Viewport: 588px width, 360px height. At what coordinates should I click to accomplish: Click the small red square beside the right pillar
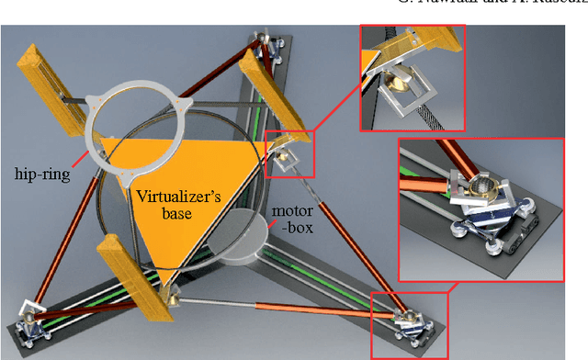(288, 152)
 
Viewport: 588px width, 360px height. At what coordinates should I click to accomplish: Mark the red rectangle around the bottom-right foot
(410, 324)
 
